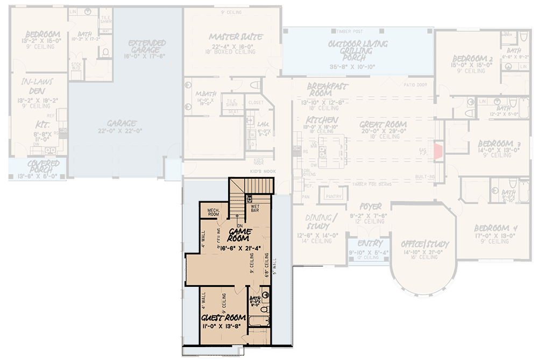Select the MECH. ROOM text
coord(209,211)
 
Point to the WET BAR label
coord(254,207)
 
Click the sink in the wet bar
coord(250,199)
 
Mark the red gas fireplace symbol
coord(438,151)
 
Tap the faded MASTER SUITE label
coord(236,37)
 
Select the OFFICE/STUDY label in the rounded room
coord(425,244)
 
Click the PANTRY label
coord(334,196)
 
